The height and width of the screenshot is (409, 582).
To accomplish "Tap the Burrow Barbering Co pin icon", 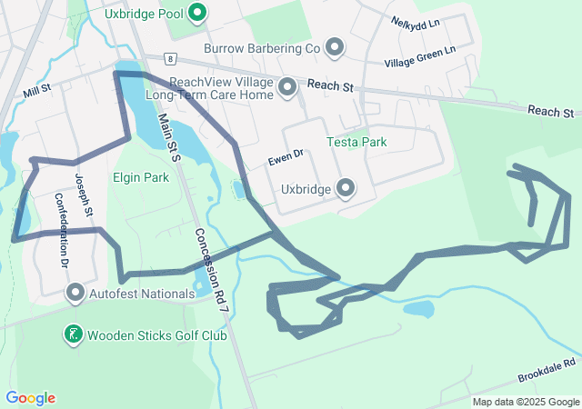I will coord(334,47).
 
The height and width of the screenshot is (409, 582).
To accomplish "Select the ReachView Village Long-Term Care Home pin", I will coord(287,88).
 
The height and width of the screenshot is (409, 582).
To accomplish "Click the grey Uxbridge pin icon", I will coord(346,189).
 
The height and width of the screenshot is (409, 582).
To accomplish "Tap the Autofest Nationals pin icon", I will coord(75,294).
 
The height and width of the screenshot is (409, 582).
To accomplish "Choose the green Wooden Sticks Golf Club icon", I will coord(74,335).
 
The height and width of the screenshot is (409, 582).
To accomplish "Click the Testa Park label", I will coord(356,143).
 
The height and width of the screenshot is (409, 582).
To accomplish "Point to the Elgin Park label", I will coord(141,178).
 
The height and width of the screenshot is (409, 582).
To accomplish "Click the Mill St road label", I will coord(37,91).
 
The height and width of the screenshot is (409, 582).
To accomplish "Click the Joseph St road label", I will coord(84,195).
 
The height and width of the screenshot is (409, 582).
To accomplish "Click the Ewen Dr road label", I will coord(285,160).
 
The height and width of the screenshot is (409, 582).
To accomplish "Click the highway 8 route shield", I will coord(168,58).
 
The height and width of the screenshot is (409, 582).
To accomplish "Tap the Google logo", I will coord(30,398).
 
